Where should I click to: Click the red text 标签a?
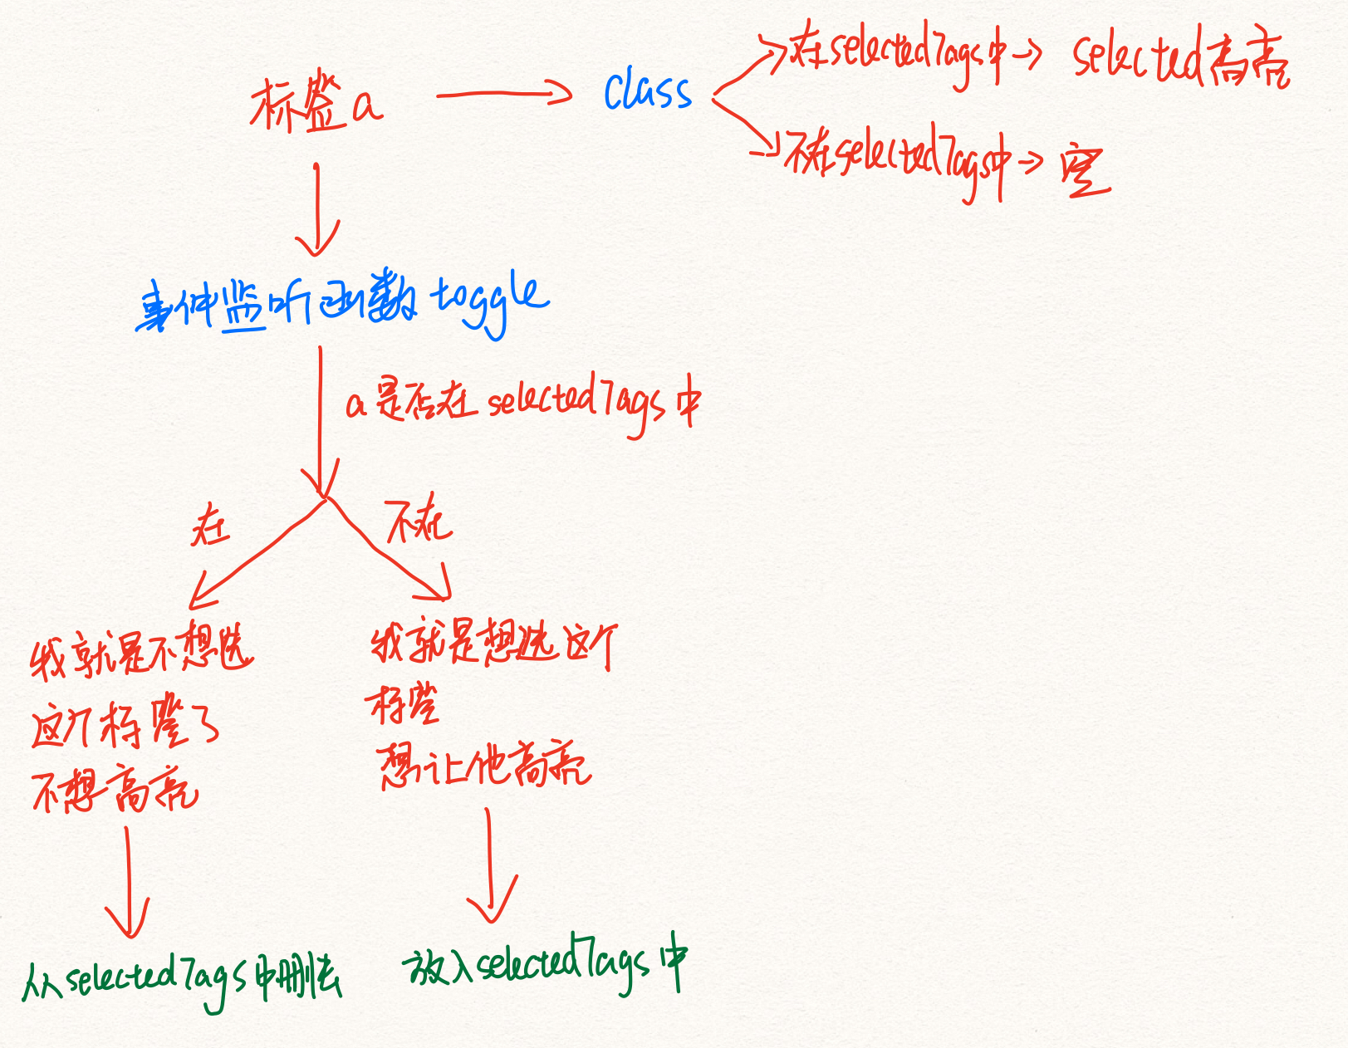click(x=316, y=105)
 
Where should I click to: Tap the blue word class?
click(x=647, y=91)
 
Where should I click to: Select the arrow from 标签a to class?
click(x=503, y=94)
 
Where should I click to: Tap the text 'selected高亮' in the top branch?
click(x=1179, y=58)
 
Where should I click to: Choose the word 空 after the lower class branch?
click(x=1085, y=172)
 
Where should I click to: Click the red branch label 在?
click(x=209, y=526)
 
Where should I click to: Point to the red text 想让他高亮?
click(x=484, y=765)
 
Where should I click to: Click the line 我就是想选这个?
click(x=493, y=644)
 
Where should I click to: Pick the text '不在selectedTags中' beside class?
click(x=897, y=158)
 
